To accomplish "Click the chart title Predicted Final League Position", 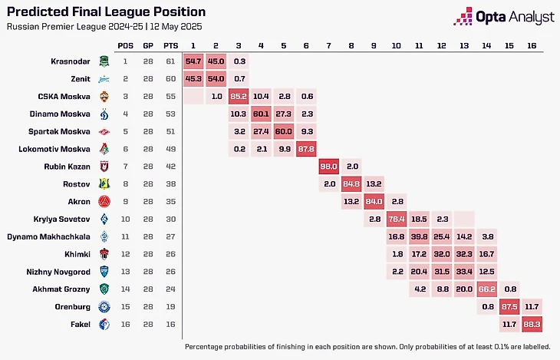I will pyautogui.click(x=106, y=12).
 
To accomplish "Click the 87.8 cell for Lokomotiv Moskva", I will pyautogui.click(x=308, y=148).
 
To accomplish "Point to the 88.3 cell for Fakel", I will pyautogui.click(x=531, y=325).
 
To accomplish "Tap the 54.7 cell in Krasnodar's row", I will pyautogui.click(x=193, y=60).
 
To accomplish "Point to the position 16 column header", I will pyautogui.click(x=531, y=45).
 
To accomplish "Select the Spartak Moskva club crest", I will pyautogui.click(x=104, y=130).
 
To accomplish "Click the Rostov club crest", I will pyautogui.click(x=104, y=183).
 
